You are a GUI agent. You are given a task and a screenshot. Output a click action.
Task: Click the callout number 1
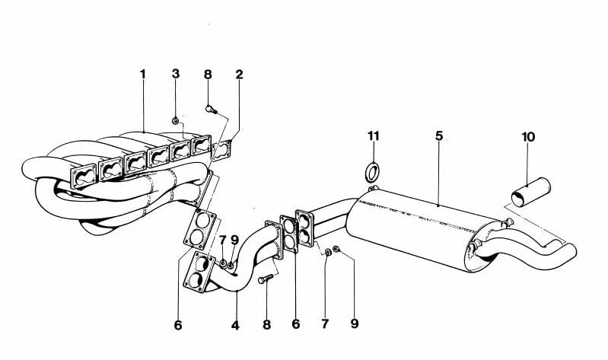tap(143, 74)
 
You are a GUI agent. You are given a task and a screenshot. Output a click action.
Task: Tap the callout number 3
tap(176, 74)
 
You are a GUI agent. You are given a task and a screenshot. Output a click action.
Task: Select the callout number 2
tap(239, 74)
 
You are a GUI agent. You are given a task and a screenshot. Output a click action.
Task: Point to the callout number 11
tap(374, 135)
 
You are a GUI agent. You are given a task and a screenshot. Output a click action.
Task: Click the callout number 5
tap(438, 135)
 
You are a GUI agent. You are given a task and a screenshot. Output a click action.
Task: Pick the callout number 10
tap(528, 137)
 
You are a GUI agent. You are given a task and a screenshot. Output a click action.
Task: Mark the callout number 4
tap(235, 326)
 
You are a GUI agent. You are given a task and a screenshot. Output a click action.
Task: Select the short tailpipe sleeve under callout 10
tap(532, 192)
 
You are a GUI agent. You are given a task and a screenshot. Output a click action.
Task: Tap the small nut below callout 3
tap(175, 121)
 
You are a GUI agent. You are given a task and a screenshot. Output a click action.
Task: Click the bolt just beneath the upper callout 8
tap(211, 110)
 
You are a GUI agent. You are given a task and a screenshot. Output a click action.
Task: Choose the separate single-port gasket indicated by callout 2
tap(221, 150)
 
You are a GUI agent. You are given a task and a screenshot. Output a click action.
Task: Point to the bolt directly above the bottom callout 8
tap(266, 279)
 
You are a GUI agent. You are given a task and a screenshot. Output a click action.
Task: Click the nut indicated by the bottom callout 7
tap(328, 253)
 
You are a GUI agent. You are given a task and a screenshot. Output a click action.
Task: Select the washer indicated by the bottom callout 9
tap(336, 249)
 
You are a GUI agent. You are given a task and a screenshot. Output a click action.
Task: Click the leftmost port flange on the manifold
tap(84, 177)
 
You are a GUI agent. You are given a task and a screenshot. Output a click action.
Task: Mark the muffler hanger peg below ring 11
tap(373, 189)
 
